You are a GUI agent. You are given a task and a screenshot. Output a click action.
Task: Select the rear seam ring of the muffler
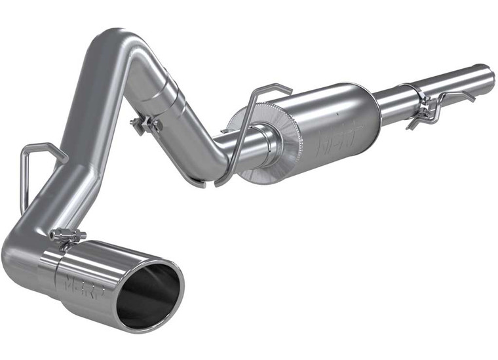374,108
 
